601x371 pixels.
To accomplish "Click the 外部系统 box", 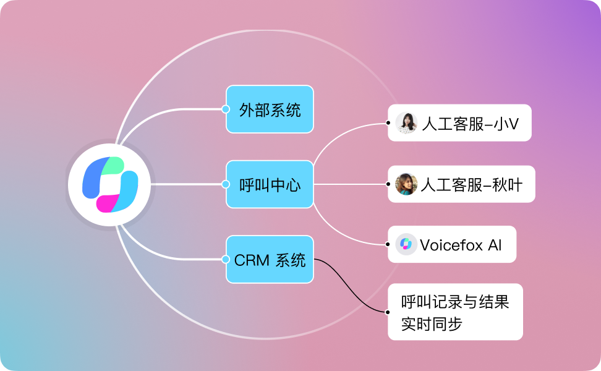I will [x=270, y=109].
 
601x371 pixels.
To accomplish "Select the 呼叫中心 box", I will [x=270, y=184].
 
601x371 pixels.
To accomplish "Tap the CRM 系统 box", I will [x=270, y=260].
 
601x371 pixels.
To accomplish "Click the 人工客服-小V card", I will [x=459, y=122].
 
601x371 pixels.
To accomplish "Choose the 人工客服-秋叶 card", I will [x=461, y=184].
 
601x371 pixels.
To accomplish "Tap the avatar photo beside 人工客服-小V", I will [x=406, y=122].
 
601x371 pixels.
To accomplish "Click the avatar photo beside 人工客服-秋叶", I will [x=406, y=184].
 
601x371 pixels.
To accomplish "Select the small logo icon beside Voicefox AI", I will [x=406, y=244].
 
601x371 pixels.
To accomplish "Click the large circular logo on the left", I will [x=111, y=184].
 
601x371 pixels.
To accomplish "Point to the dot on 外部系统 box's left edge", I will [x=226, y=109].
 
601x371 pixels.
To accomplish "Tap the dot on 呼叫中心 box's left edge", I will [x=226, y=184].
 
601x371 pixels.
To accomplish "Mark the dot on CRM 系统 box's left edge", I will [x=226, y=260].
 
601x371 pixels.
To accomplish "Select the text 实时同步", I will [x=432, y=323].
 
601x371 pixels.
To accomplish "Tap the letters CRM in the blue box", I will [x=251, y=260].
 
